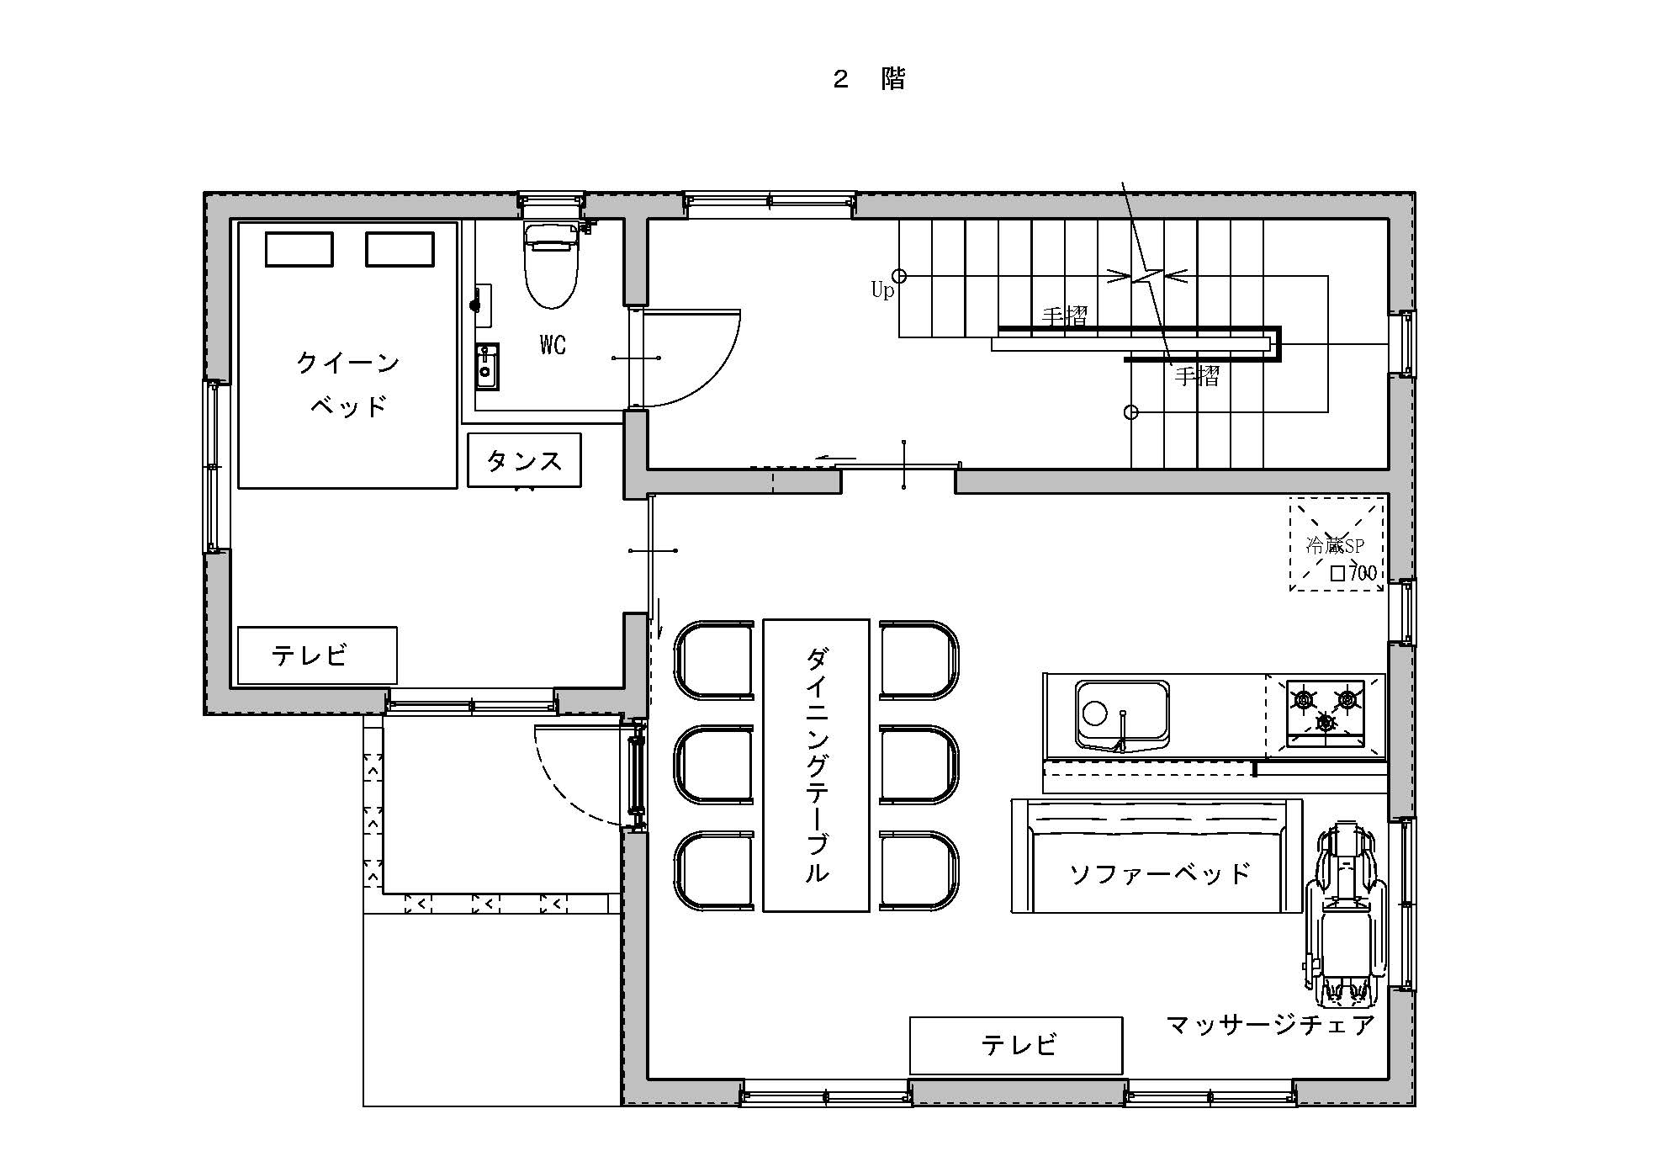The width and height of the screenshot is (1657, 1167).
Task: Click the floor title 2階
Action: (x=868, y=80)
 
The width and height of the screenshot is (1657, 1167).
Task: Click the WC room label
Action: (x=553, y=345)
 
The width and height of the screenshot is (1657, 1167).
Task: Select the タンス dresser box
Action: (x=524, y=460)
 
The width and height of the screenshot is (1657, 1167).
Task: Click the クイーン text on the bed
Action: (x=347, y=363)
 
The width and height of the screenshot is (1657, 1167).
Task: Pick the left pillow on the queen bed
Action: (x=299, y=250)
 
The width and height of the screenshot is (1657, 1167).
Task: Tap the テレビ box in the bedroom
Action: (x=317, y=655)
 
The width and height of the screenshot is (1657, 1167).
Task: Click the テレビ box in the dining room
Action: (x=1016, y=1045)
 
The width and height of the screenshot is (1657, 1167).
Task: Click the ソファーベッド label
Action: (x=1160, y=874)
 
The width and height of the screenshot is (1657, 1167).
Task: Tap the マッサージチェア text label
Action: (x=1270, y=1025)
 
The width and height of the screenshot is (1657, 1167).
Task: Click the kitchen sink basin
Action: (x=1122, y=714)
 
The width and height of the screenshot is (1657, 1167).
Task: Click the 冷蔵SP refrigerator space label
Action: (x=1334, y=545)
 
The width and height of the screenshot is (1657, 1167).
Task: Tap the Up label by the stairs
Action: (x=881, y=291)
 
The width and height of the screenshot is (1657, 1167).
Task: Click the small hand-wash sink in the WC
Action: (x=486, y=367)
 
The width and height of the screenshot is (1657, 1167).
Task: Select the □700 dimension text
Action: (x=1353, y=574)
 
